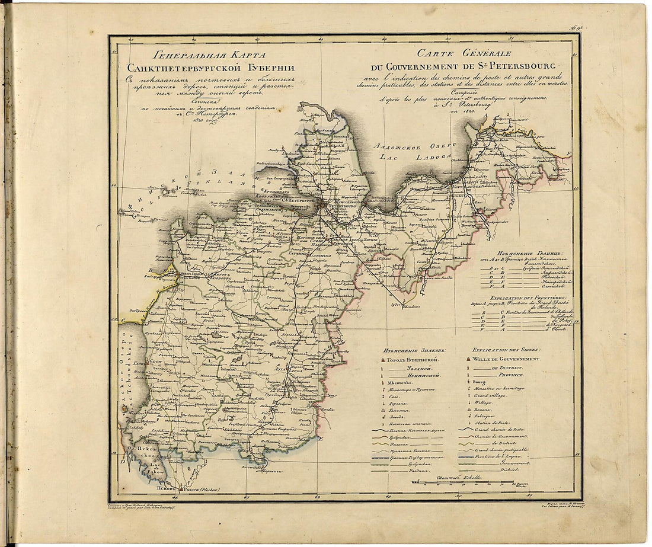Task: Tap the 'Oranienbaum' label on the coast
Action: click(270, 209)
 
